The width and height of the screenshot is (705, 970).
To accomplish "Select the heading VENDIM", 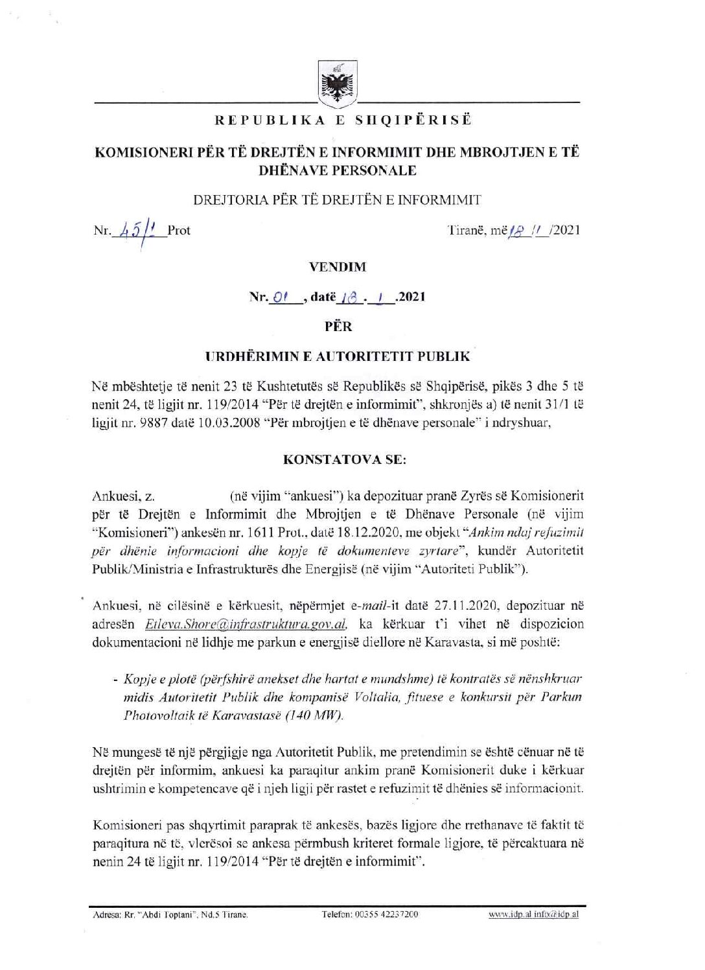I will coord(338,266).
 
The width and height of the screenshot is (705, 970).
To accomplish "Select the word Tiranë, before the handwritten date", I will coord(467,230).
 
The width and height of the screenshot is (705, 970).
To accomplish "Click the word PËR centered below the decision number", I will coord(338,327).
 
